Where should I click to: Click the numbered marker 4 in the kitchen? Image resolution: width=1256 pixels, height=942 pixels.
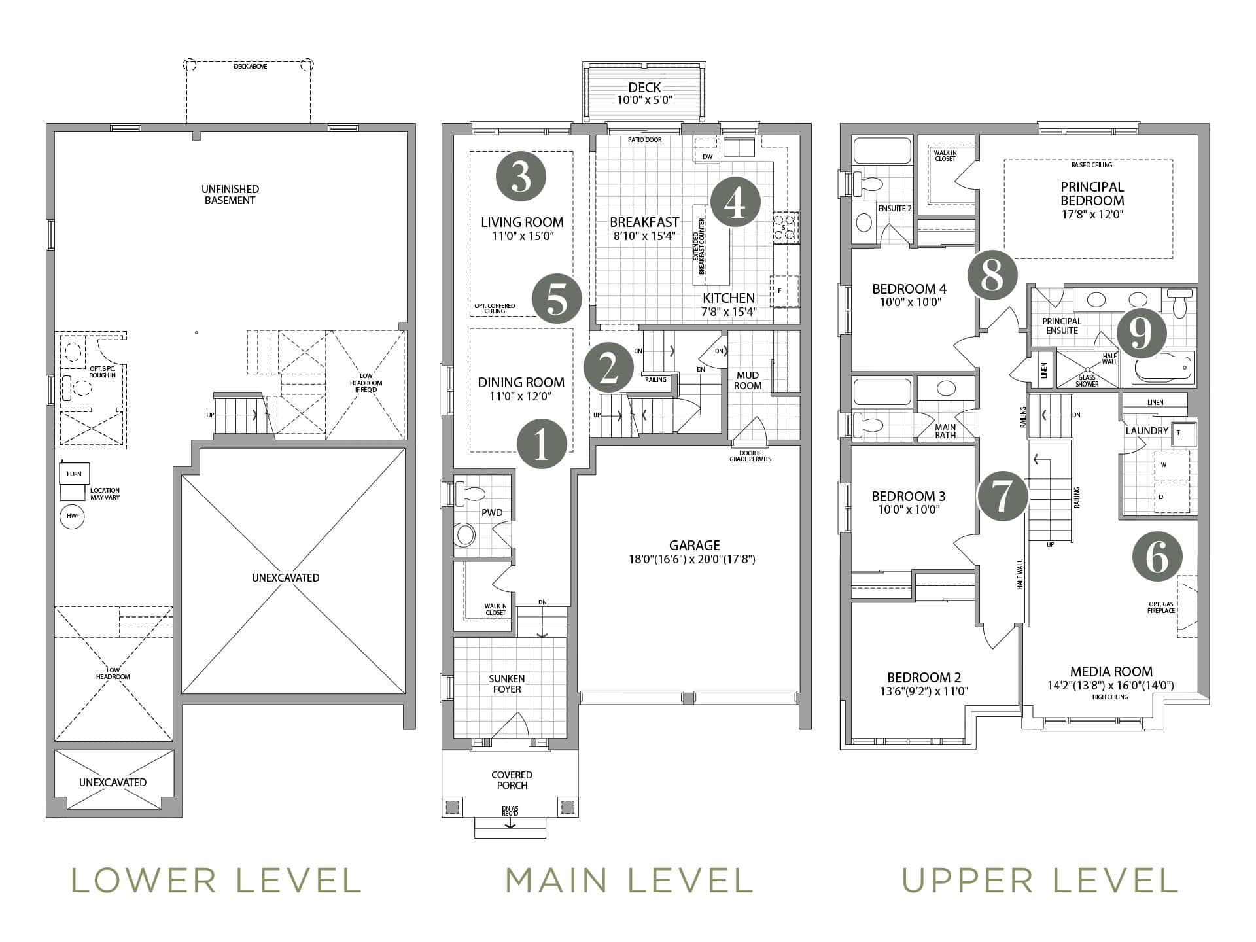pyautogui.click(x=735, y=203)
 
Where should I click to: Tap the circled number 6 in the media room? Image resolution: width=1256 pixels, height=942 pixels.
pyautogui.click(x=1157, y=557)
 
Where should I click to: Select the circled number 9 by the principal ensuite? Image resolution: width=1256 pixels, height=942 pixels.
pyautogui.click(x=1142, y=334)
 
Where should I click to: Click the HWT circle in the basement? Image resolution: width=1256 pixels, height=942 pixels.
pyautogui.click(x=73, y=516)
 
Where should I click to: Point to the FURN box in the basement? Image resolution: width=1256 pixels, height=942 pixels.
pyautogui.click(x=75, y=474)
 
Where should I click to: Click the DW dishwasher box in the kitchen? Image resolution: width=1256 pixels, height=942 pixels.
pyautogui.click(x=707, y=151)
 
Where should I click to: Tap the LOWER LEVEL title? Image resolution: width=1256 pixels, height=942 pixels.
pyautogui.click(x=216, y=880)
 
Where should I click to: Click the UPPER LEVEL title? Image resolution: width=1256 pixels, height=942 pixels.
pyautogui.click(x=1041, y=880)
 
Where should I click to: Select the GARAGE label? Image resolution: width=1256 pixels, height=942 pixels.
pyautogui.click(x=694, y=545)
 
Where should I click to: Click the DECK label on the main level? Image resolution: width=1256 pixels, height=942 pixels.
pyautogui.click(x=644, y=87)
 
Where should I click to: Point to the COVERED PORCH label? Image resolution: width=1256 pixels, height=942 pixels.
pyautogui.click(x=512, y=780)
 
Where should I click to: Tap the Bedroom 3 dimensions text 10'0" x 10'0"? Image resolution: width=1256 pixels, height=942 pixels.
pyautogui.click(x=909, y=509)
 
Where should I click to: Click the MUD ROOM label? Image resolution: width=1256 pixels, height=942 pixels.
pyautogui.click(x=748, y=380)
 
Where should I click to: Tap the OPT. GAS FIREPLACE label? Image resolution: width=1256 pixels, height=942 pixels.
pyautogui.click(x=1162, y=607)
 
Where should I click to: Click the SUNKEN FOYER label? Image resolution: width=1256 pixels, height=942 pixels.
pyautogui.click(x=507, y=684)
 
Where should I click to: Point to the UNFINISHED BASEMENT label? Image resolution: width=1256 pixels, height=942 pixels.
pyautogui.click(x=230, y=195)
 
